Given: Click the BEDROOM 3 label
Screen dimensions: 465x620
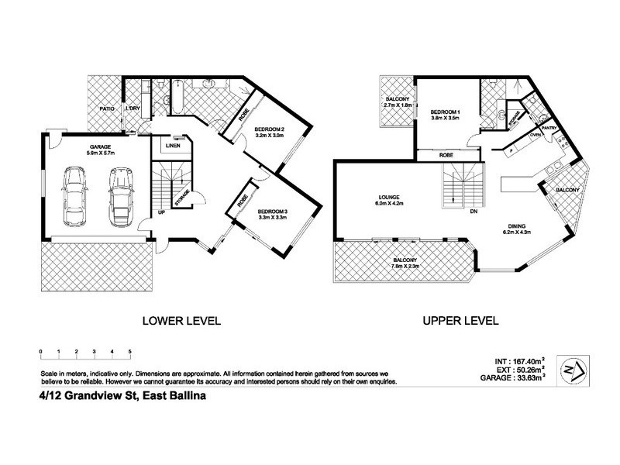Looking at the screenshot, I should click(273, 212).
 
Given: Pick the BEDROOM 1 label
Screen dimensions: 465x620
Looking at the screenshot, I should click(446, 113).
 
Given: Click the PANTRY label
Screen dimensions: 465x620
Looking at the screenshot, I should click(549, 128).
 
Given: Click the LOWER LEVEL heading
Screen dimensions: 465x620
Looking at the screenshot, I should click(181, 320).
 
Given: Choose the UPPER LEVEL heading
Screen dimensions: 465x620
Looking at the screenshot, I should click(460, 320).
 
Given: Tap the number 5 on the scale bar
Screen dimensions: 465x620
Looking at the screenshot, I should click(130, 353).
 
